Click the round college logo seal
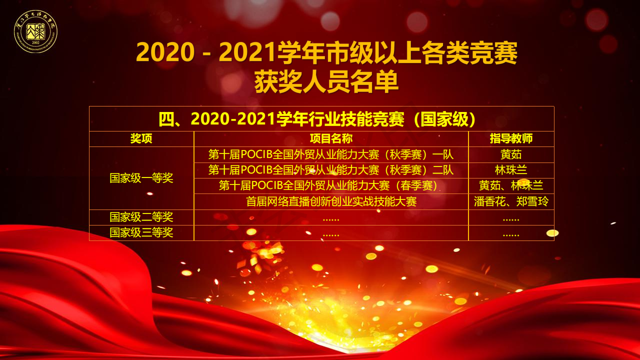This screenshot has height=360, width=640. point(35,31)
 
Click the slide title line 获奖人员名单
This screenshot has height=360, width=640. point(326,81)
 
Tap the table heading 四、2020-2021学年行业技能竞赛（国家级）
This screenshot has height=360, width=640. point(317,119)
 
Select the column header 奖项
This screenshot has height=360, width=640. point(141,139)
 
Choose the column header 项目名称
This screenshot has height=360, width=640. point(331,139)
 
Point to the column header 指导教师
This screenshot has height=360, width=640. point(511,139)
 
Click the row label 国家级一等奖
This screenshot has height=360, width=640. point(141,178)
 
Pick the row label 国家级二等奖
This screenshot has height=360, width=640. point(141,217)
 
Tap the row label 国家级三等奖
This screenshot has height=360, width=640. point(141,232)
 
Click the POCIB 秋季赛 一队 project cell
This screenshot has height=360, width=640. point(331,154)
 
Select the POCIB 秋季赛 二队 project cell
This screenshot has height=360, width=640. point(331,170)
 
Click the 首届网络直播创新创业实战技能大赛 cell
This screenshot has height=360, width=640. point(331,201)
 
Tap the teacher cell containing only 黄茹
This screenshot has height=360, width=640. point(511,154)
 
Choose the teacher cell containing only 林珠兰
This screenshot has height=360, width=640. point(511,170)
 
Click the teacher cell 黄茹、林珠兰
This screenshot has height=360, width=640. point(511,185)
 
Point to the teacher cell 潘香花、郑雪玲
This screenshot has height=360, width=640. point(511,201)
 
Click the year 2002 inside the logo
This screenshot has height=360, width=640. point(35,42)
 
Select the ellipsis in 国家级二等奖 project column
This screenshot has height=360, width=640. point(331,219)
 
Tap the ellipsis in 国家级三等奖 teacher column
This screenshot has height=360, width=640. point(511,235)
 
